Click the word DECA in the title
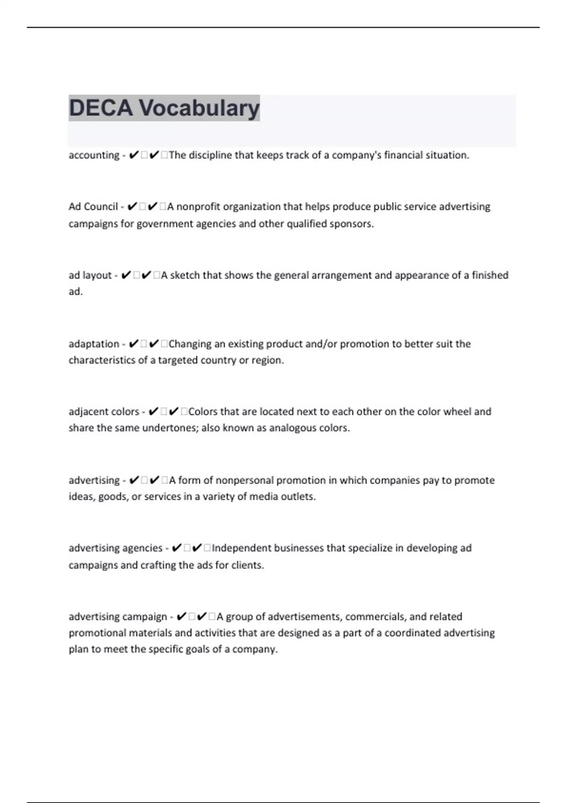tap(101, 108)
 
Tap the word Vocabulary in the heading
tap(198, 108)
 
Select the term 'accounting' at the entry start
tap(94, 155)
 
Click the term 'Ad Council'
tap(93, 206)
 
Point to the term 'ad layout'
tap(90, 275)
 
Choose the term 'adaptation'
tap(94, 343)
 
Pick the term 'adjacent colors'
tap(104, 411)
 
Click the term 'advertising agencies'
tap(115, 548)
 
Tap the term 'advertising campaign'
tap(118, 616)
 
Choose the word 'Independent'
tap(241, 548)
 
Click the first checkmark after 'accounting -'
tap(133, 155)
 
